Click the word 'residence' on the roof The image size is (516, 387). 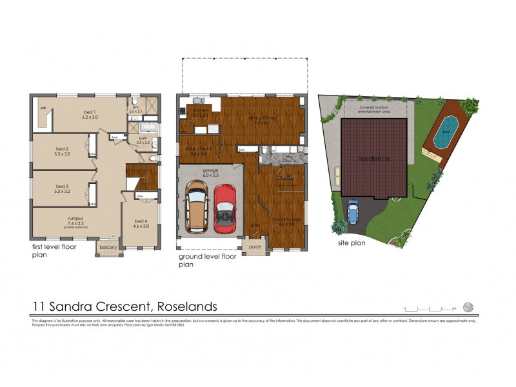[373, 158]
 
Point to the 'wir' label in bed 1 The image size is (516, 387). [43, 107]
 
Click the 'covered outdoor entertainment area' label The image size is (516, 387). [374, 109]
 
